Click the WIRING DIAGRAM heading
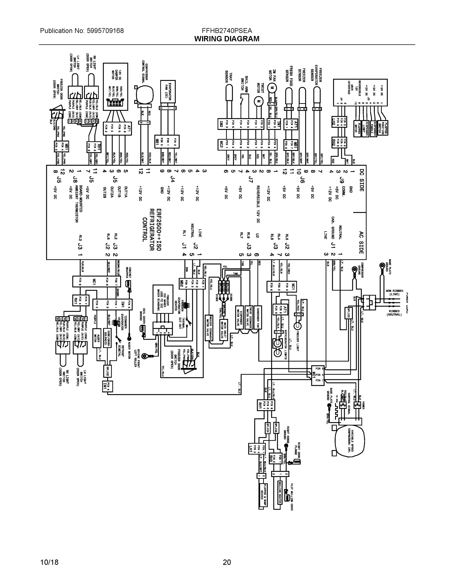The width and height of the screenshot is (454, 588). point(227,39)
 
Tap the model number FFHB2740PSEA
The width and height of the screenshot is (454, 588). point(227,30)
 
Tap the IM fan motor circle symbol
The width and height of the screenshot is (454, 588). point(272,88)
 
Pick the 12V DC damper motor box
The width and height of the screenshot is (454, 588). point(116,87)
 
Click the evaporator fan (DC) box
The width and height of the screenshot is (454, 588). point(168,92)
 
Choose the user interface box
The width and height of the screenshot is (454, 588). point(361,92)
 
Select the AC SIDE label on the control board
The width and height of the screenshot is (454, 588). point(361,242)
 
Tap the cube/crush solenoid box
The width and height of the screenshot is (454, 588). point(109,338)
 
